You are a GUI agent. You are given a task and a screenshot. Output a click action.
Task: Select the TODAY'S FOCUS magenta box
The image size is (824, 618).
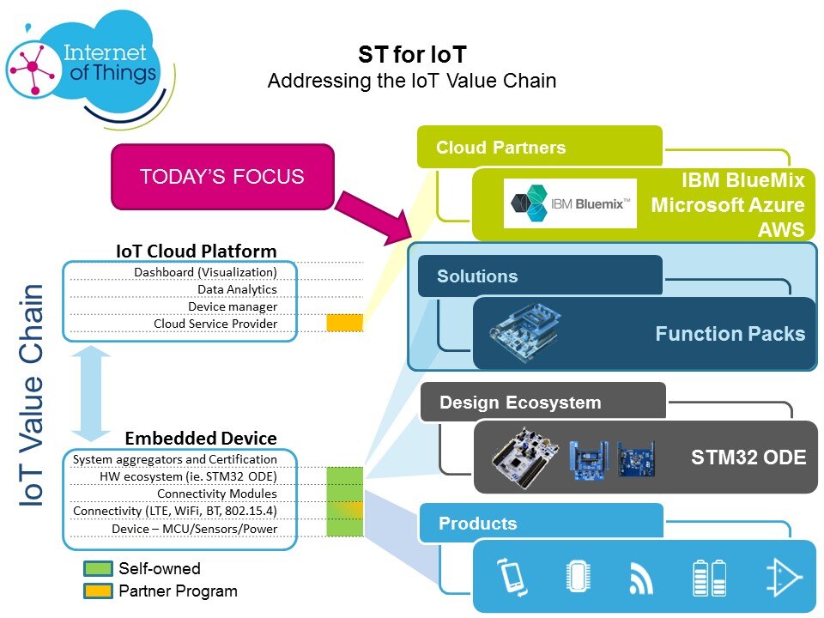click(221, 177)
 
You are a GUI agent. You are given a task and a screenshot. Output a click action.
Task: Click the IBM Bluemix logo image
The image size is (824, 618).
click(570, 203)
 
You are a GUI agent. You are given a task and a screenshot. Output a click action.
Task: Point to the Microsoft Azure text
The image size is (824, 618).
click(728, 205)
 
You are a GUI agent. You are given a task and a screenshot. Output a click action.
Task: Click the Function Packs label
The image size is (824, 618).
click(730, 334)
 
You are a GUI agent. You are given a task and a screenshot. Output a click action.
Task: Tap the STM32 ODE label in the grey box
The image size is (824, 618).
click(748, 457)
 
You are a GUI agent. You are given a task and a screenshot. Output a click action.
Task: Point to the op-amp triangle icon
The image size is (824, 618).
click(785, 577)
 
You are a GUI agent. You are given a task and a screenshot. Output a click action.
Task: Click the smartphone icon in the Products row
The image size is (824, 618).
click(512, 577)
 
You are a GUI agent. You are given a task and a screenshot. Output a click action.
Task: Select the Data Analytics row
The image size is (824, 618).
click(237, 289)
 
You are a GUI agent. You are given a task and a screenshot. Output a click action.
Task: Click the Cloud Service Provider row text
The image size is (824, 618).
click(215, 324)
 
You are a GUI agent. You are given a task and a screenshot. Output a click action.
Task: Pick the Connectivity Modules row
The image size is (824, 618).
click(217, 494)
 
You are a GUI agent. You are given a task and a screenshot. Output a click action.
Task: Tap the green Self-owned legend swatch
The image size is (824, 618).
click(98, 569)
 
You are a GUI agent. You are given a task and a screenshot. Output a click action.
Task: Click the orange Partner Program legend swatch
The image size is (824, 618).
click(98, 591)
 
